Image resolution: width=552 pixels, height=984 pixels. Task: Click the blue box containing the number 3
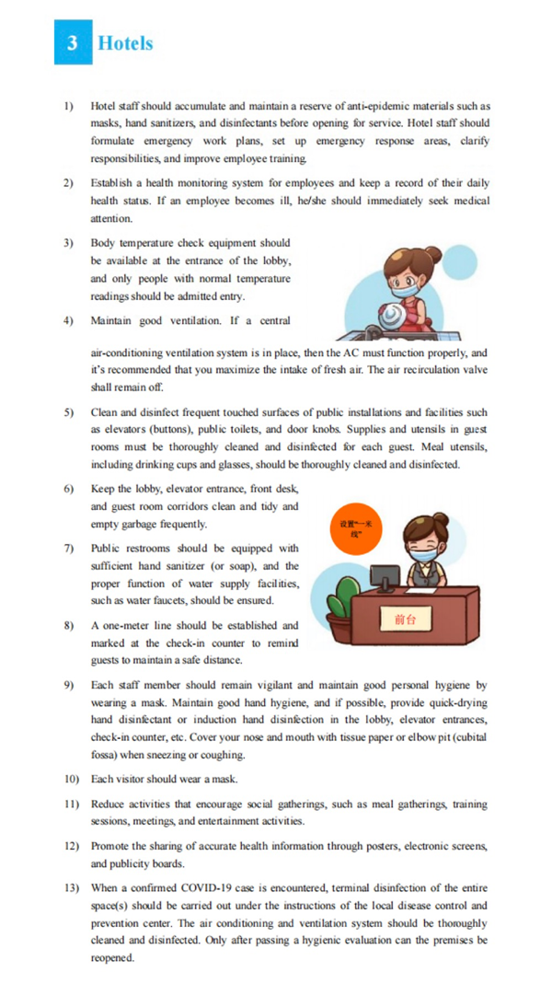pos(73,43)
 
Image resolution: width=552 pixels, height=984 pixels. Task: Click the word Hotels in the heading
pos(125,43)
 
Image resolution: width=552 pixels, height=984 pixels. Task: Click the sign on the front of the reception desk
pos(405,619)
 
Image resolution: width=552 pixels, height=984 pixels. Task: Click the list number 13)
pos(71,887)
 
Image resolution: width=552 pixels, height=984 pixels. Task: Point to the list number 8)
pos(69,626)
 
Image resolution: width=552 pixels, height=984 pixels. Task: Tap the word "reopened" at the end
pos(112,957)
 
